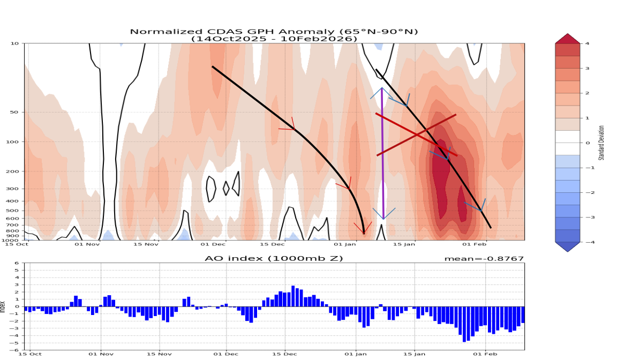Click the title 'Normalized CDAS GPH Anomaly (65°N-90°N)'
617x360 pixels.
click(x=274, y=32)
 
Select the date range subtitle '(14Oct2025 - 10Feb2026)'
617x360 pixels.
click(x=274, y=39)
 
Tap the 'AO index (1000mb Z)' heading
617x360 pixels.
click(x=274, y=258)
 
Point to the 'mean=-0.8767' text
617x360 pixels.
click(x=484, y=259)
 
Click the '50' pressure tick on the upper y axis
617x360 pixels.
click(x=14, y=112)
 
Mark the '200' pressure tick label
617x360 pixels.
click(x=13, y=171)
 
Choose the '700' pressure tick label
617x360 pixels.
click(x=13, y=225)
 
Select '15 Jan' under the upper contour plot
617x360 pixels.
click(x=405, y=245)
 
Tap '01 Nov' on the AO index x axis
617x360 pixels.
click(x=101, y=354)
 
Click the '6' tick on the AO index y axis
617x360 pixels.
click(x=17, y=263)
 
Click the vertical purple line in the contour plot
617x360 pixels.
click(x=382, y=155)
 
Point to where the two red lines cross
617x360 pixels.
click(x=417, y=134)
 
